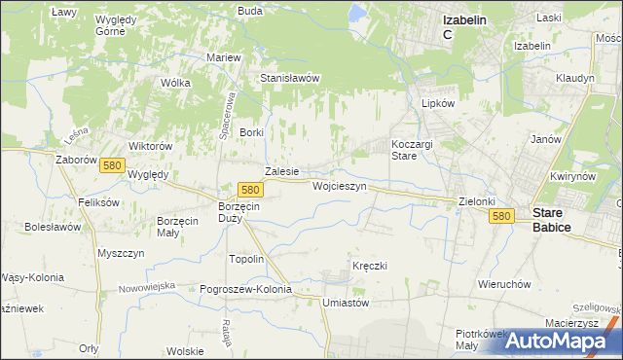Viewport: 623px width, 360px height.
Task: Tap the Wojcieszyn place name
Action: tap(339, 185)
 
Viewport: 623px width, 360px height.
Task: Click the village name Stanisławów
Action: tap(289, 78)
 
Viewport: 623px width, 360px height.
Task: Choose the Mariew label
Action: tap(224, 57)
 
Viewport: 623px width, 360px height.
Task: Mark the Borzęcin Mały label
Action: tap(178, 227)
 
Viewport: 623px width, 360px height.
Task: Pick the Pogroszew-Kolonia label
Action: tap(245, 290)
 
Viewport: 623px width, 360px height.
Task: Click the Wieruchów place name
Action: tap(503, 284)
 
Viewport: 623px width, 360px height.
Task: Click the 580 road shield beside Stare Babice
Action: tap(501, 216)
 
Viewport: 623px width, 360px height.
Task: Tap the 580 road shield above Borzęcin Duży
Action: tap(250, 190)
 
